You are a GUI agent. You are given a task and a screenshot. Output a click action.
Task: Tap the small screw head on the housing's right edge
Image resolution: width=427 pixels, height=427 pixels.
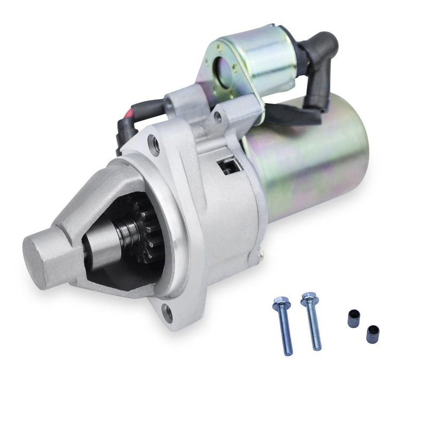[x=260, y=251]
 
